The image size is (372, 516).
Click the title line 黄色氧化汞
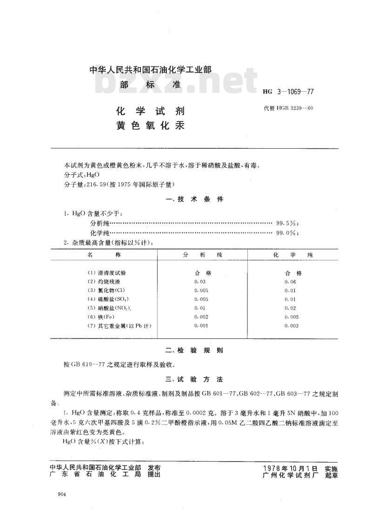click(x=150, y=126)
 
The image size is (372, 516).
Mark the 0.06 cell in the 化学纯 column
click(x=290, y=282)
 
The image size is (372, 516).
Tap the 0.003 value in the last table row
click(x=292, y=326)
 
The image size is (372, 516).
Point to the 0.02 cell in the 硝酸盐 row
click(x=290, y=308)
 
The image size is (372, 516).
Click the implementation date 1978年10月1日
click(x=291, y=468)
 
